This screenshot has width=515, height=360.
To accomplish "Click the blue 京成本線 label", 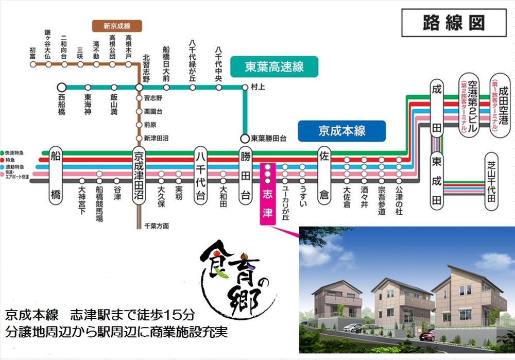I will tap(342, 131).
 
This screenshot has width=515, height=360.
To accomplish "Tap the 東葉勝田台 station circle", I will tap(245, 138).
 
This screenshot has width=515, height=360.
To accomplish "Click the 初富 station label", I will tap(32, 53).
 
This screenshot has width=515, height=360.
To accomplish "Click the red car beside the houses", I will tap(427, 335).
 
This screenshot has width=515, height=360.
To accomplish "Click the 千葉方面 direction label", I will tap(157, 226).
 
